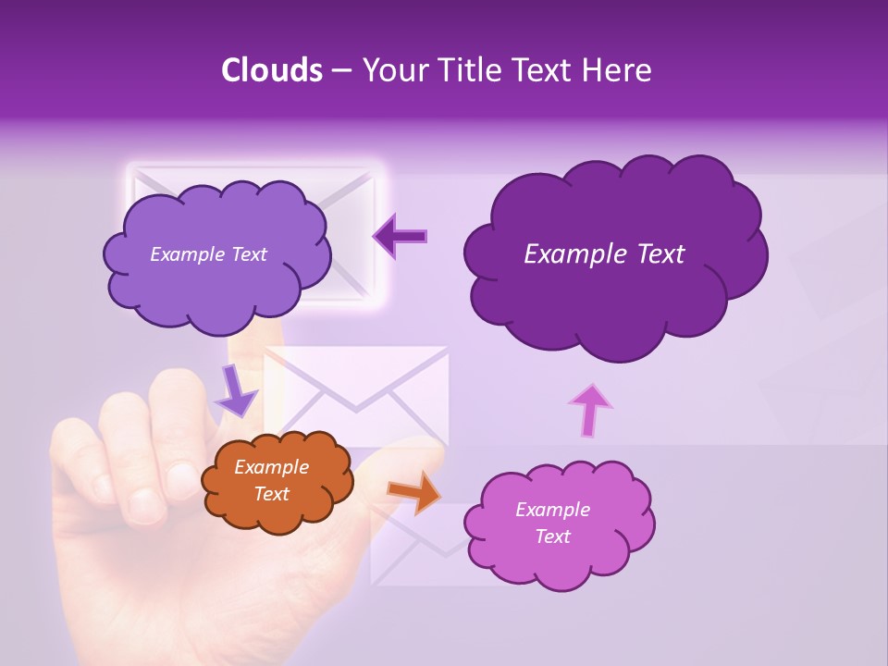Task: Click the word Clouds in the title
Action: pyautogui.click(x=271, y=70)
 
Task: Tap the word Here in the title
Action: pyautogui.click(x=620, y=70)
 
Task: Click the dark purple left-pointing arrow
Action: pyautogui.click(x=401, y=237)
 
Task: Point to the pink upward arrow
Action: pyautogui.click(x=590, y=410)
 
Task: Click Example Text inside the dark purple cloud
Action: pyautogui.click(x=604, y=254)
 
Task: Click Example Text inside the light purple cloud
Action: pyautogui.click(x=208, y=254)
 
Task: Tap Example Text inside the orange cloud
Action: pyautogui.click(x=271, y=481)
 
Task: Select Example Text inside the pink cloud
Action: pyautogui.click(x=552, y=523)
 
